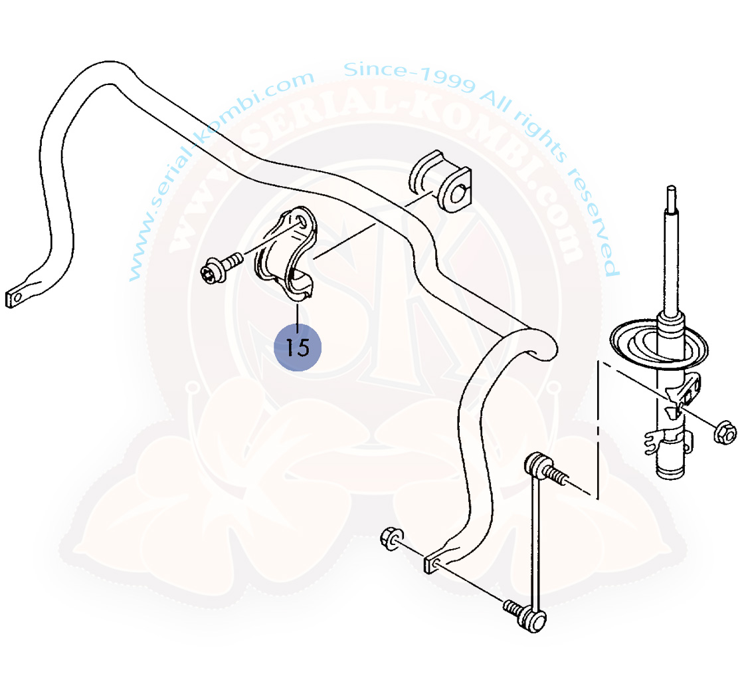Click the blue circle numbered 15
[298, 348]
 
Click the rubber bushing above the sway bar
[440, 181]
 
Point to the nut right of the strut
[725, 432]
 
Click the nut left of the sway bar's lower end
[392, 538]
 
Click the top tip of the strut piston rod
[670, 188]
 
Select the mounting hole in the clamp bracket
[301, 221]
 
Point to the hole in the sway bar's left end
[17, 298]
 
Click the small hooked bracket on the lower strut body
[653, 441]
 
